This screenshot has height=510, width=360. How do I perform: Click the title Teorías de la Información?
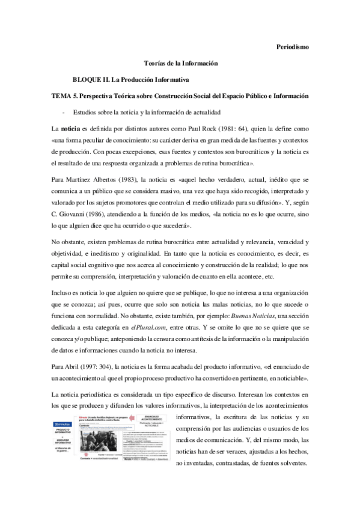(x=180, y=63)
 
